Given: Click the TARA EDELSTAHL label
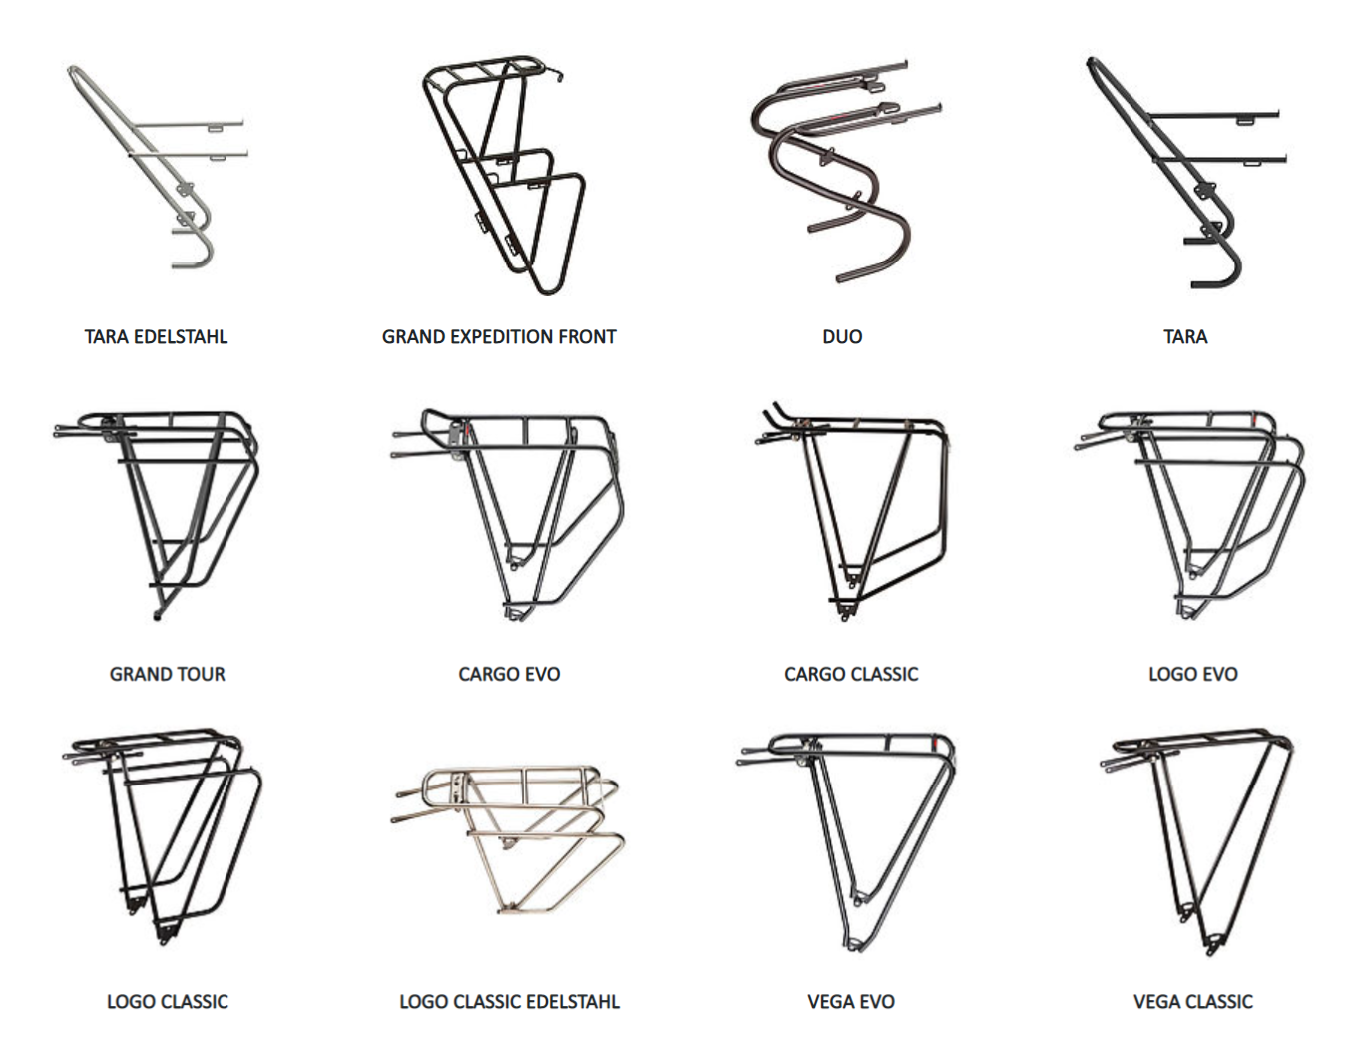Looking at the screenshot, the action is tap(156, 337).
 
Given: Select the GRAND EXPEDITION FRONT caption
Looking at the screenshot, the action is tap(499, 337).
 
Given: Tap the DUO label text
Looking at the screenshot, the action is tap(842, 337).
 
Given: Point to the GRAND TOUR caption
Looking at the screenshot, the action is tap(168, 674).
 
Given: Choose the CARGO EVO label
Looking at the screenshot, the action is tap(509, 674).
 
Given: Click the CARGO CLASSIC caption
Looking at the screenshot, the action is tap(851, 674).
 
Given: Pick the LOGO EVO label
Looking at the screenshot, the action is tap(1193, 674).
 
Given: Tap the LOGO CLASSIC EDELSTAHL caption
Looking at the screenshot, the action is tap(509, 1001).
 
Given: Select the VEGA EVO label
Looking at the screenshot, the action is tap(851, 1001).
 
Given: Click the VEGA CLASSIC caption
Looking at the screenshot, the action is tap(1193, 1001).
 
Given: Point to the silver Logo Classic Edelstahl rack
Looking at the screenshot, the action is tap(509, 838).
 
